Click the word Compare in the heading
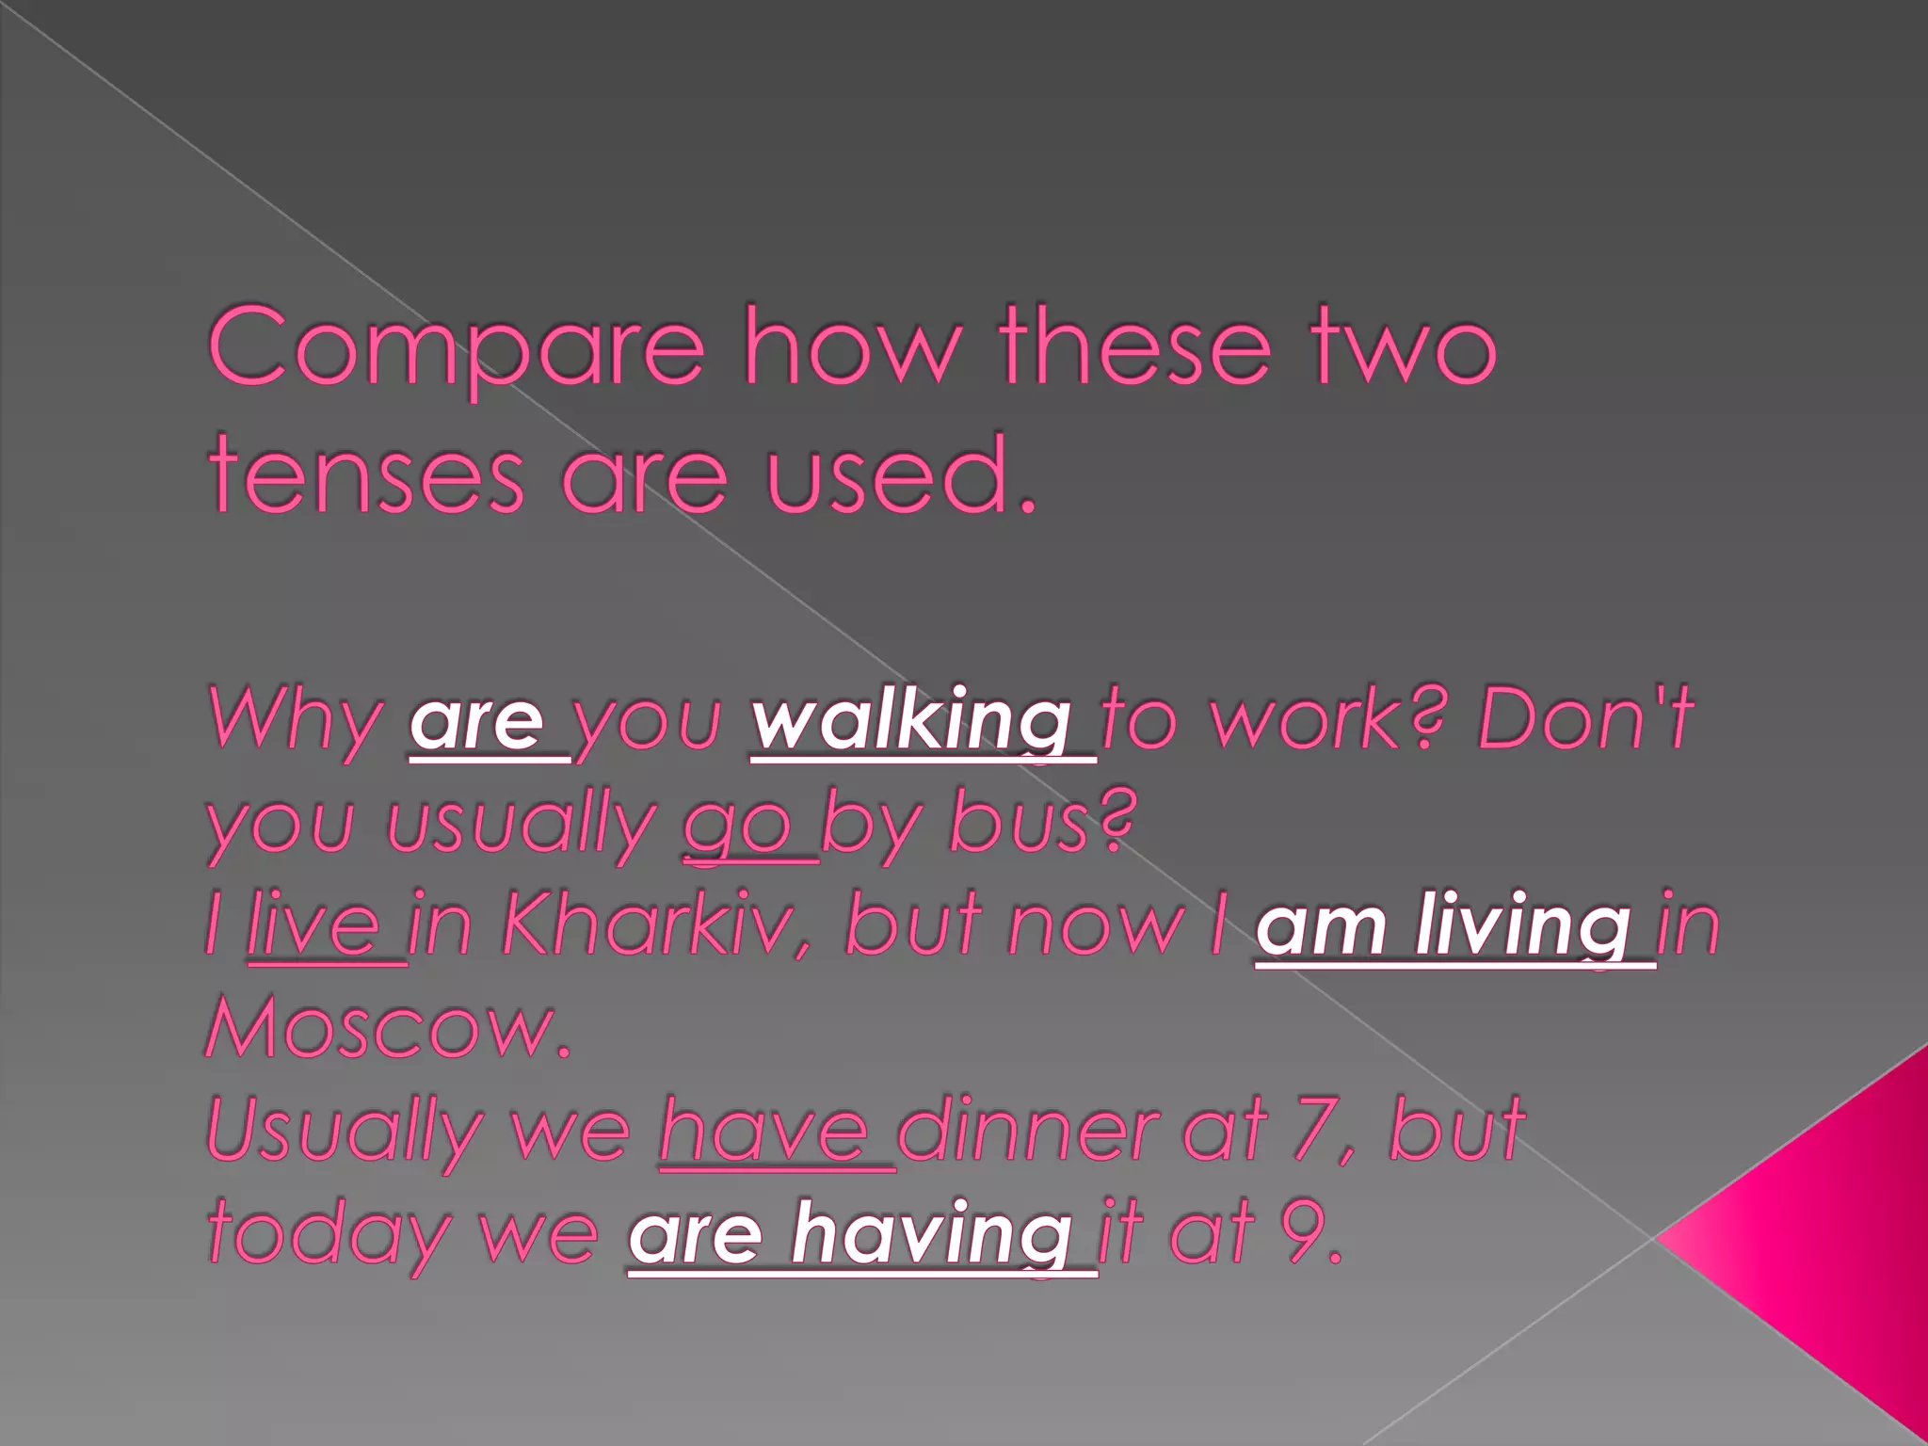click(456, 346)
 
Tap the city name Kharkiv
click(653, 926)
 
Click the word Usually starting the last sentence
click(341, 1133)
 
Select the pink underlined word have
click(764, 1132)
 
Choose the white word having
click(930, 1235)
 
